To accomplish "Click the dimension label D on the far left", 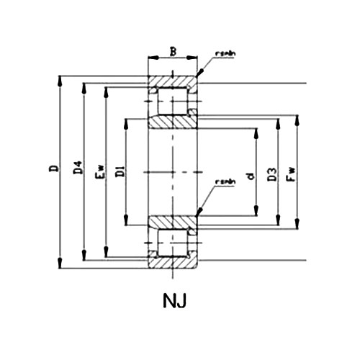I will (51, 171).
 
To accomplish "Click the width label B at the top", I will (172, 51).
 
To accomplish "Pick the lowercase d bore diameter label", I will (249, 174).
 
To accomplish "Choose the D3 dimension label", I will (271, 174).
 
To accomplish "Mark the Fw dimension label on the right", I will (291, 174).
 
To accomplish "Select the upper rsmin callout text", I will (225, 54).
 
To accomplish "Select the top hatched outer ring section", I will (172, 81).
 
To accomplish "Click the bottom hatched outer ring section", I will (172, 263).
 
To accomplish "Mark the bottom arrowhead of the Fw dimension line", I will (297, 225).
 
